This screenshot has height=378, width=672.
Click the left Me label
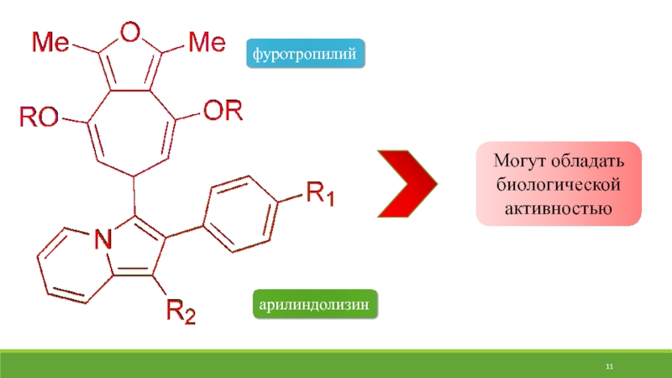pyautogui.click(x=50, y=40)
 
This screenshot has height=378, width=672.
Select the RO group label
pyautogui.click(x=39, y=118)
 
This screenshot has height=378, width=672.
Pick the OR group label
pyautogui.click(x=221, y=111)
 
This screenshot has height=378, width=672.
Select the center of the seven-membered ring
pyautogui.click(x=131, y=123)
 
